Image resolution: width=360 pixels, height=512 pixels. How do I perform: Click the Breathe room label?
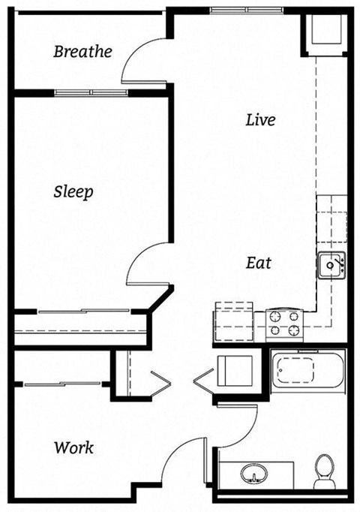(x=83, y=52)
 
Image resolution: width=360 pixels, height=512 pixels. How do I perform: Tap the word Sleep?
(x=73, y=191)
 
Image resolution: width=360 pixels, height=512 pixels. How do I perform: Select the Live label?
(x=260, y=119)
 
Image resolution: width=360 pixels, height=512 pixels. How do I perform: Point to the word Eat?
(x=259, y=264)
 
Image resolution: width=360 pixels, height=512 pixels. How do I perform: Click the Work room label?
(x=73, y=447)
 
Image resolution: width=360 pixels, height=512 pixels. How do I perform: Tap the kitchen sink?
(x=330, y=264)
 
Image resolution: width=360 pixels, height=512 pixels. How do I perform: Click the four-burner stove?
(x=285, y=324)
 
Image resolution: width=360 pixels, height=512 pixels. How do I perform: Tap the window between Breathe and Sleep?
(x=91, y=92)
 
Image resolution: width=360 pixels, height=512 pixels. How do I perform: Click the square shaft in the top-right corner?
(x=323, y=34)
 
